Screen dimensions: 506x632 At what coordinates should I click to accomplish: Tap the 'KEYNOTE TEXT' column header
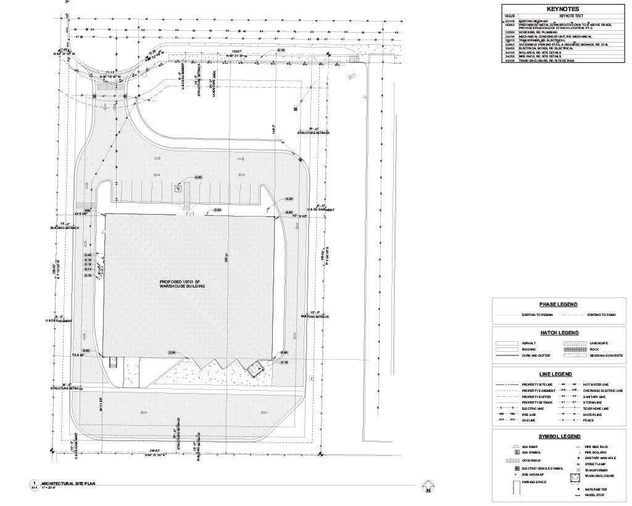pos(572,15)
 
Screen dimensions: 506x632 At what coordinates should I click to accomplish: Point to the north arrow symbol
pos(426,491)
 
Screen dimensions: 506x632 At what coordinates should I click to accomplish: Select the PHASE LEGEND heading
pos(558,304)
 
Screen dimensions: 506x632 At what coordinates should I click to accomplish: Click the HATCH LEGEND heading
pos(558,333)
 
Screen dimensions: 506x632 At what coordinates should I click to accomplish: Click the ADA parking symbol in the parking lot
pos(178,189)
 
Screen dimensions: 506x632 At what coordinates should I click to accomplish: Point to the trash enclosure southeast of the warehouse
pos(254,369)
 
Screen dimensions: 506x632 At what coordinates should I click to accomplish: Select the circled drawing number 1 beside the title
pos(35,483)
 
